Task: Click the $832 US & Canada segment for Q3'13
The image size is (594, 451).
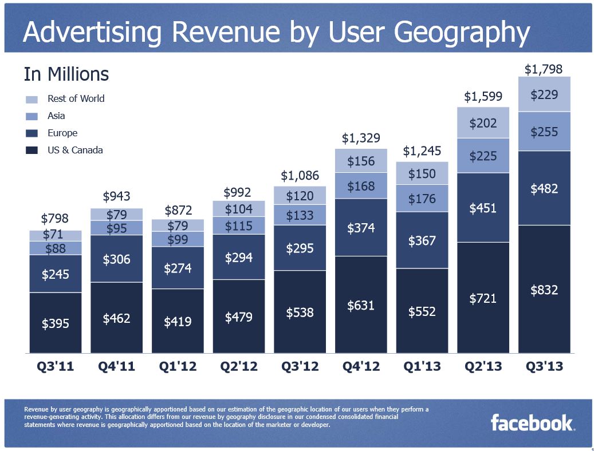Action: click(544, 289)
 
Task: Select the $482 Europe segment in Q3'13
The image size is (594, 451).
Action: click(544, 188)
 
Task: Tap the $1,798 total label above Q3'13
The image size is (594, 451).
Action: click(544, 69)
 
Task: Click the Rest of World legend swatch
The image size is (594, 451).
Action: click(32, 99)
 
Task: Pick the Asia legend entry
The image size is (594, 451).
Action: click(56, 116)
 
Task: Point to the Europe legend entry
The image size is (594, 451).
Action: click(62, 133)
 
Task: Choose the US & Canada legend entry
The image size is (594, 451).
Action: click(75, 150)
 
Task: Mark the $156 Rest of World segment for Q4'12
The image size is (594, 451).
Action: click(361, 161)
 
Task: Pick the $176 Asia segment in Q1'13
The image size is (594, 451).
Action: click(422, 199)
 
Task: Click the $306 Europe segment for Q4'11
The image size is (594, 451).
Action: click(116, 259)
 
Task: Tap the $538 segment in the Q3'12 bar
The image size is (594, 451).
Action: click(300, 312)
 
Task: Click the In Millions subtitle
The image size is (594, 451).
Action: click(66, 74)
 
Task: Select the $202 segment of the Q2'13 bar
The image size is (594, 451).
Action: click(483, 122)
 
